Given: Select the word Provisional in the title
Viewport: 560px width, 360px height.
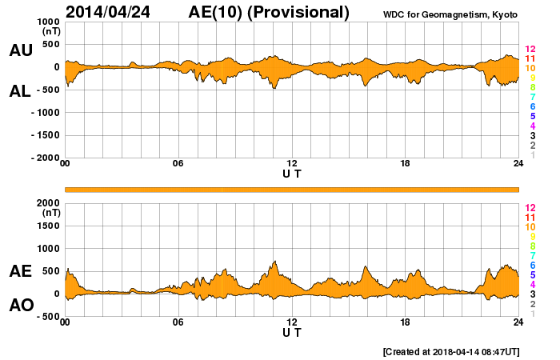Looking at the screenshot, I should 302,12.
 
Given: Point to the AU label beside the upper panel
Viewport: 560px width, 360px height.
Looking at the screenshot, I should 21,50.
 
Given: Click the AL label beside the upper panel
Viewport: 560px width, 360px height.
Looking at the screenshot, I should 21,91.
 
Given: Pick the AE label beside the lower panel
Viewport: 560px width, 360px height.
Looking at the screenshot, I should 21,271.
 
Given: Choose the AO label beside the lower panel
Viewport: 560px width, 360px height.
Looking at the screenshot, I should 21,305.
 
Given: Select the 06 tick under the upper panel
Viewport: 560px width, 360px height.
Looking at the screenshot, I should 178,164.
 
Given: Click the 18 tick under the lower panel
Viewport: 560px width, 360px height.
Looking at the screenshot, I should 405,322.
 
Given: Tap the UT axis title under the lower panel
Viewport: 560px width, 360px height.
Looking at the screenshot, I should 292,331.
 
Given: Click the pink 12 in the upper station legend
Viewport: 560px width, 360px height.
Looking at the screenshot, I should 530,50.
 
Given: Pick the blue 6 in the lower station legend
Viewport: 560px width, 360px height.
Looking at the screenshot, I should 532,265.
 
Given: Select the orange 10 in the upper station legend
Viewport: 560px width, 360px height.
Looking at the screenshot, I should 530,69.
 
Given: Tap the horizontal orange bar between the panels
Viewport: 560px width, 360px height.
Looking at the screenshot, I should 292,189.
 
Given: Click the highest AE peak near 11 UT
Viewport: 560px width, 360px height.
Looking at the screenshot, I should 275,262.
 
